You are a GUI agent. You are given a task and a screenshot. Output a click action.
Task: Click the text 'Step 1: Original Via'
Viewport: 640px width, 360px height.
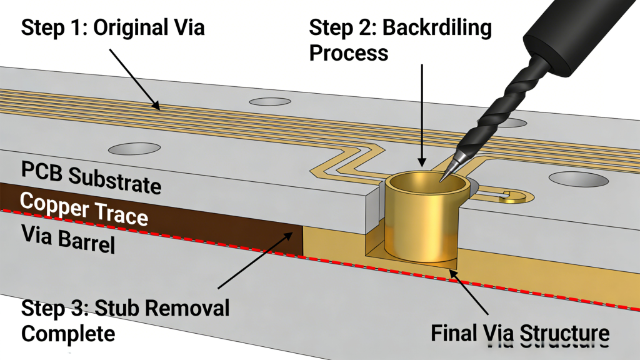(x=113, y=28)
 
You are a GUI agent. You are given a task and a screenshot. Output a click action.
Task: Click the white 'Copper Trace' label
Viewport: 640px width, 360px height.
(x=84, y=209)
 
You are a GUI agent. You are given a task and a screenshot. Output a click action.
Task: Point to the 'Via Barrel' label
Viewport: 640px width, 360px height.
(x=68, y=241)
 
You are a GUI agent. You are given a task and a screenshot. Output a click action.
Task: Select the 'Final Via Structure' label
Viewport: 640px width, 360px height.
(x=519, y=332)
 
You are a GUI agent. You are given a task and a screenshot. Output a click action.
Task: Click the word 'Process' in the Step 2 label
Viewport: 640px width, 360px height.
(x=349, y=52)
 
